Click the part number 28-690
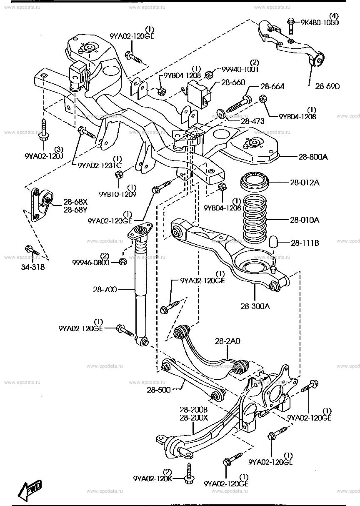point(327,87)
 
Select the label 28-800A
point(313,157)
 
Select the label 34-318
point(32,267)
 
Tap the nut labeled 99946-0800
point(122,262)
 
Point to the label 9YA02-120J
point(44,157)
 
